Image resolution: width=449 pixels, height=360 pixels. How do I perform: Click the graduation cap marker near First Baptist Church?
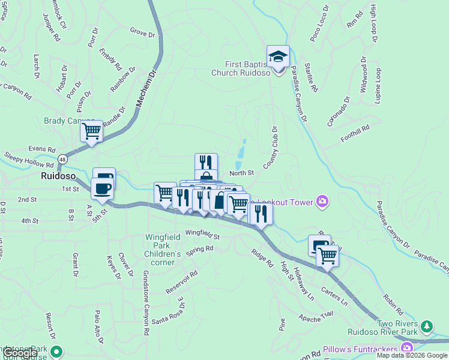[x=278, y=57]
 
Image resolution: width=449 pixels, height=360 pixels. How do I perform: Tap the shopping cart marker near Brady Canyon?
[x=92, y=131]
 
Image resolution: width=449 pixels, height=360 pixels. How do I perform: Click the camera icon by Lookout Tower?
[x=323, y=202]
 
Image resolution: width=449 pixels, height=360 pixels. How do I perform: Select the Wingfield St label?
[x=202, y=234]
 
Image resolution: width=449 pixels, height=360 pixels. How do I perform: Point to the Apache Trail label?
[x=315, y=315]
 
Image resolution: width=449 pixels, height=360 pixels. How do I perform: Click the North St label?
[x=243, y=173]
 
